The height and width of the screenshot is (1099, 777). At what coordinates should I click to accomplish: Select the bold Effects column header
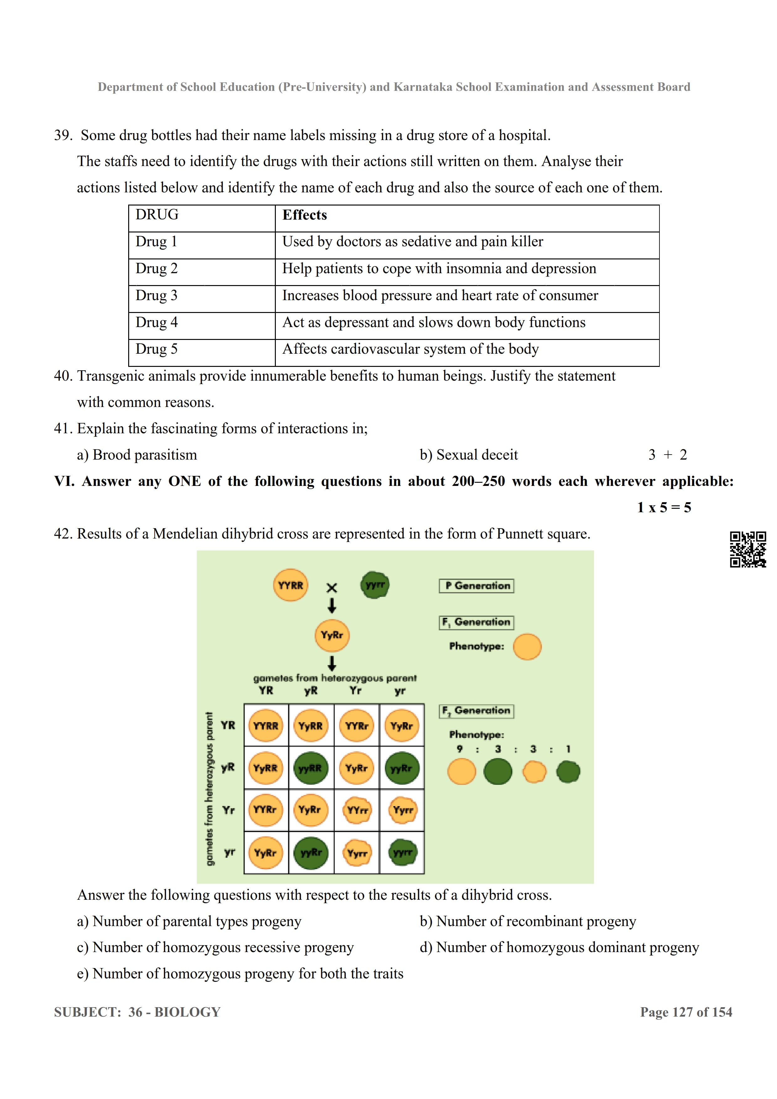tap(304, 216)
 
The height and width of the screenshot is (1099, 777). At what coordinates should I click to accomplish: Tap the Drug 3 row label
tap(156, 296)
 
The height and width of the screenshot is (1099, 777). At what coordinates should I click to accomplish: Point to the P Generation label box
tap(476, 586)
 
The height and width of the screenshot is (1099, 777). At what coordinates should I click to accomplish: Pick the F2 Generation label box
tap(476, 711)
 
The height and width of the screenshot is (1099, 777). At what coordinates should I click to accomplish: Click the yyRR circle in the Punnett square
tap(311, 768)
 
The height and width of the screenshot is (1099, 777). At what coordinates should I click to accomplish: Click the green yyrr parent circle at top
tap(375, 585)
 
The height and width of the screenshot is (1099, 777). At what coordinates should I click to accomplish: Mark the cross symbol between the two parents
tap(332, 588)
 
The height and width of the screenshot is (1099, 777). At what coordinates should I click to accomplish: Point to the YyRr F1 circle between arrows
tap(332, 635)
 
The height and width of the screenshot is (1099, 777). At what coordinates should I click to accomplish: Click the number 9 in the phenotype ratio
tap(459, 749)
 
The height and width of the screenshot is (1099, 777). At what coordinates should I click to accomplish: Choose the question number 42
tap(63, 534)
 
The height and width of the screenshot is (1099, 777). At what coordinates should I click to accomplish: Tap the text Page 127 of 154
tap(686, 1012)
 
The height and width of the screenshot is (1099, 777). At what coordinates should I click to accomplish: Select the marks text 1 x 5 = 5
tap(664, 508)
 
